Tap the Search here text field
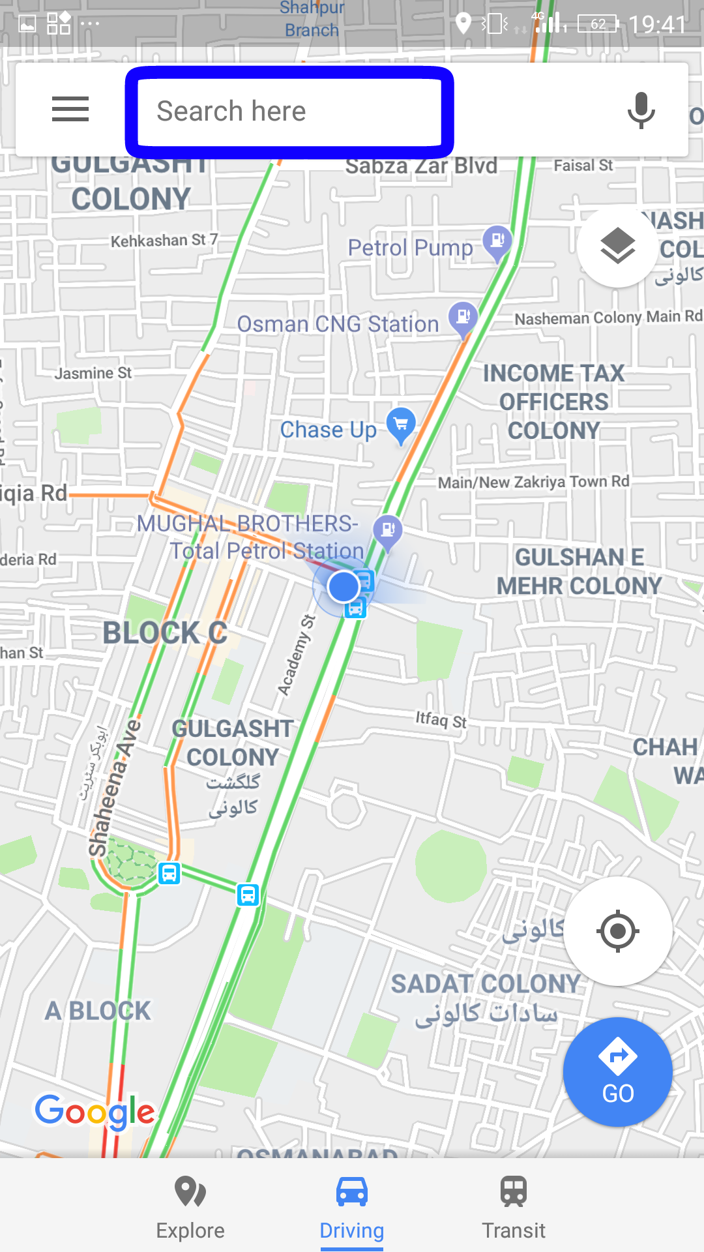click(x=289, y=112)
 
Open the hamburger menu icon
click(x=70, y=109)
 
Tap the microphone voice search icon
click(x=641, y=110)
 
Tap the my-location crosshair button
click(x=617, y=931)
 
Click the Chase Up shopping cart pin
click(x=401, y=425)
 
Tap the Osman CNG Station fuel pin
click(x=463, y=318)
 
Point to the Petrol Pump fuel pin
click(x=497, y=241)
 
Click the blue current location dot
click(x=344, y=587)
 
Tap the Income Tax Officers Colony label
click(x=554, y=402)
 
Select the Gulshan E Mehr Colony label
click(x=579, y=571)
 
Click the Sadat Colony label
click(x=486, y=984)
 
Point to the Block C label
click(x=165, y=633)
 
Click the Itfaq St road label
click(x=441, y=720)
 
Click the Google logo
click(x=95, y=1111)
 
